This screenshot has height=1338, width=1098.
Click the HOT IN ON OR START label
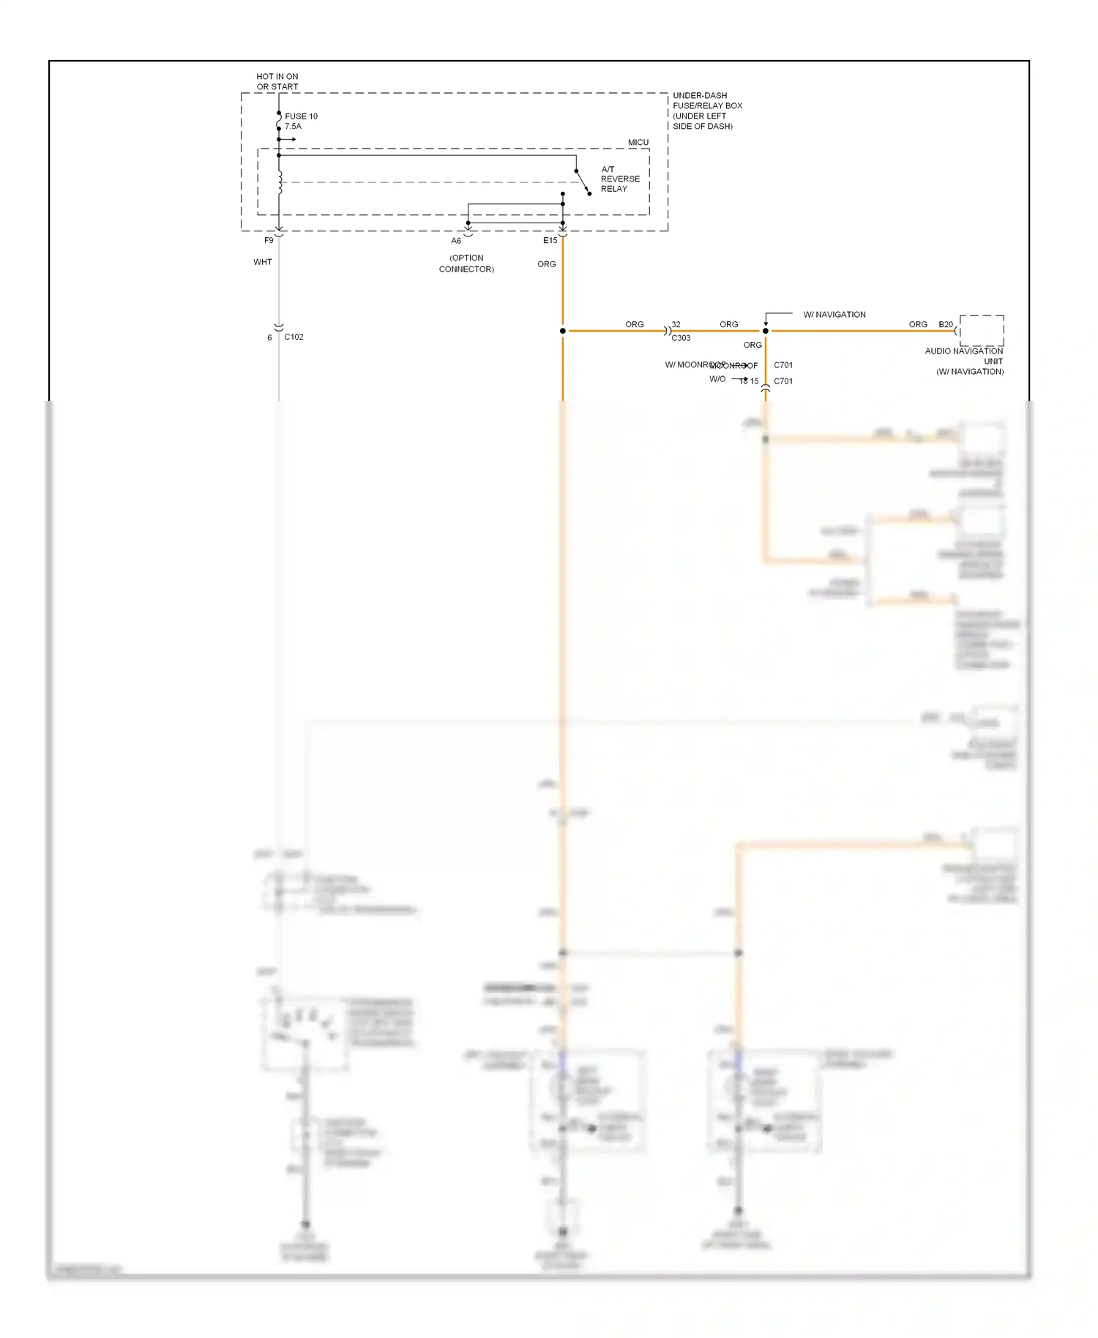[x=277, y=81]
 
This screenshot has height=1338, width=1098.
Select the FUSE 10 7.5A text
[x=301, y=121]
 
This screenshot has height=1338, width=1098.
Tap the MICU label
[x=638, y=142]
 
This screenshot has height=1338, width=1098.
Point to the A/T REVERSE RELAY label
[x=619, y=179]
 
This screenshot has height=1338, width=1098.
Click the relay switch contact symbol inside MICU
[x=583, y=182]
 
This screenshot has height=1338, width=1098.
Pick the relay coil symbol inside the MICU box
[x=280, y=182]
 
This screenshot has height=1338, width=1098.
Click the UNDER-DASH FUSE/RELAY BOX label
[x=707, y=111]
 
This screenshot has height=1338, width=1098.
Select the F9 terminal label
[x=269, y=240]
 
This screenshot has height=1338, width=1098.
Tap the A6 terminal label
[x=456, y=241]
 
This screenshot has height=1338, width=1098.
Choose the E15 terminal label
[x=550, y=240]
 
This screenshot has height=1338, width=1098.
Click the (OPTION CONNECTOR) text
[x=466, y=264]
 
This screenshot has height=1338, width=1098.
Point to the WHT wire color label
[x=263, y=262]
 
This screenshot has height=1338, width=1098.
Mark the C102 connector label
[x=294, y=337]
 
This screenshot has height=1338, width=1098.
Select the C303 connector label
[x=681, y=338]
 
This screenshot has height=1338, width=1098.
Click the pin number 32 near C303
[x=676, y=324]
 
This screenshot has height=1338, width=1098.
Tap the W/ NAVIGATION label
[x=834, y=315]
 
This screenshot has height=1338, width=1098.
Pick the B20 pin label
[x=946, y=324]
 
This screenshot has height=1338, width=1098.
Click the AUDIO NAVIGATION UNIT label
[x=964, y=361]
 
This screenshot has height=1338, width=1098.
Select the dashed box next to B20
[x=982, y=330]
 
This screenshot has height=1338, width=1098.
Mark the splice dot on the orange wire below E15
[x=562, y=331]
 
